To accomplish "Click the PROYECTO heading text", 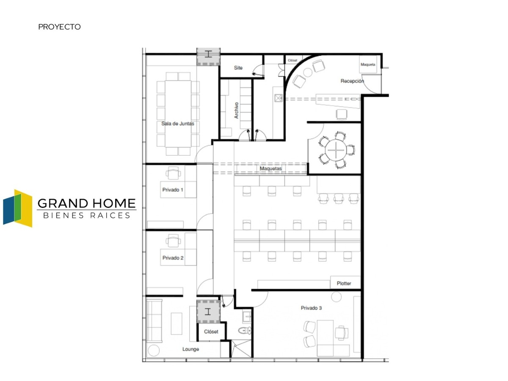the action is tap(59, 27).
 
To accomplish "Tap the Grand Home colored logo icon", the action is tap(18, 208).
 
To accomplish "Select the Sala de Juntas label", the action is tap(177, 124).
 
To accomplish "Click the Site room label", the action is tap(238, 68).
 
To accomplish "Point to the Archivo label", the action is tap(236, 110).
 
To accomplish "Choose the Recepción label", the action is tap(352, 81).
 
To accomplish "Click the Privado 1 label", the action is tap(173, 190).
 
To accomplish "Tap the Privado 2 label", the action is tap(173, 258).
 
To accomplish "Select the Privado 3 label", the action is tap(311, 308).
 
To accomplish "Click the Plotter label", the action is tap(344, 283).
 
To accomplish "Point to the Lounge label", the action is tap(190, 349).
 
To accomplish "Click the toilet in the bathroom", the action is tap(245, 330).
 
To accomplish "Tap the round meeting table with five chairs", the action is tap(336, 150).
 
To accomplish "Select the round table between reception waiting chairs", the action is tap(308, 72).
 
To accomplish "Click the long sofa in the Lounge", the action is tap(155, 320).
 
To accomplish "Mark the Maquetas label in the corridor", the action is tap(271, 168).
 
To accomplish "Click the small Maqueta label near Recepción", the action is tap(367, 64).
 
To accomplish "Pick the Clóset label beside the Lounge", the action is tap(211, 331).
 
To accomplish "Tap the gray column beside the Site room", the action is tap(208, 57).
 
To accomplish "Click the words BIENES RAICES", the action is tap(87, 215).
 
